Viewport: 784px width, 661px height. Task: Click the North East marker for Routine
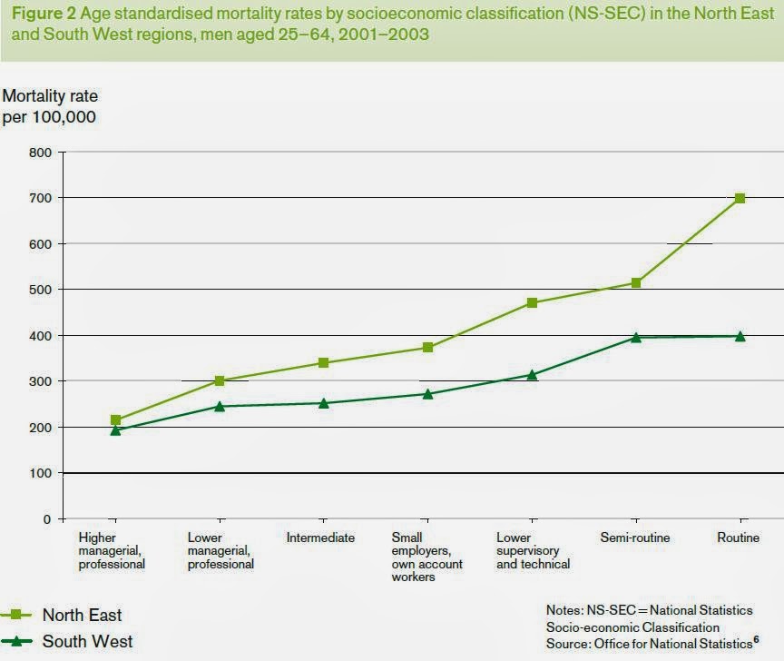tap(740, 198)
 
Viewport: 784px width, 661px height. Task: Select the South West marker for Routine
tap(740, 336)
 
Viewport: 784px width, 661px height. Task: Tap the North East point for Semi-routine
tap(636, 283)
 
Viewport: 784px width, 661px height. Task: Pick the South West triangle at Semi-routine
tap(636, 337)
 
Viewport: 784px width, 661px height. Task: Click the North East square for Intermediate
tap(323, 363)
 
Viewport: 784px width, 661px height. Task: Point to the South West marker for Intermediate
tap(323, 402)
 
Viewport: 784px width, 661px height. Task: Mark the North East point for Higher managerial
tap(115, 420)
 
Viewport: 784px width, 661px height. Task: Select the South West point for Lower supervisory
tap(532, 374)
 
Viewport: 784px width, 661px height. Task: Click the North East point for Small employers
tap(427, 348)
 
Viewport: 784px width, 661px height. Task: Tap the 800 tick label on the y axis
tap(40, 153)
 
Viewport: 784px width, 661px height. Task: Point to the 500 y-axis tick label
tap(40, 290)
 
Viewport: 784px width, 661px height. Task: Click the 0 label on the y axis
tap(46, 519)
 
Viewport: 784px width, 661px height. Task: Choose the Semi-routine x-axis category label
tap(635, 538)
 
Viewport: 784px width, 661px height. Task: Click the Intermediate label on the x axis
tap(320, 538)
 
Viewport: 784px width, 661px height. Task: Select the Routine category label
tap(738, 538)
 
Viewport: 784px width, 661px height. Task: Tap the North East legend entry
tap(82, 616)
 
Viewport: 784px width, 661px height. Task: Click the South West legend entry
tap(87, 641)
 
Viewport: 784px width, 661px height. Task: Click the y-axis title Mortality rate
tap(50, 95)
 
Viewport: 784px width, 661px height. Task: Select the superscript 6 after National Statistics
tap(756, 640)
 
